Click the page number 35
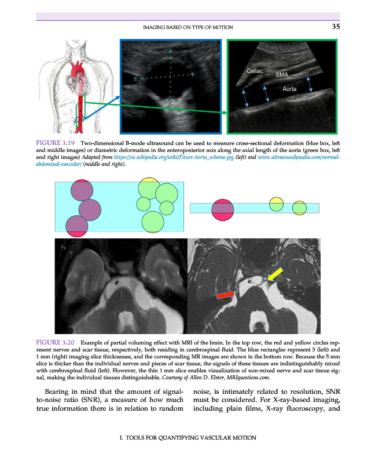pyautogui.click(x=336, y=26)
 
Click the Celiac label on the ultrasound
pyautogui.click(x=255, y=71)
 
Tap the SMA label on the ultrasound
pyautogui.click(x=282, y=75)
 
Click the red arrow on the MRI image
pyautogui.click(x=225, y=295)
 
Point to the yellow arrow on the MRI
pyautogui.click(x=275, y=274)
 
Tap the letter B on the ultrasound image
pyautogui.click(x=136, y=78)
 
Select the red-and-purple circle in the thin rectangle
pyautogui.click(x=223, y=209)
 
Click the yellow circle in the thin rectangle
pyautogui.click(x=277, y=203)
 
